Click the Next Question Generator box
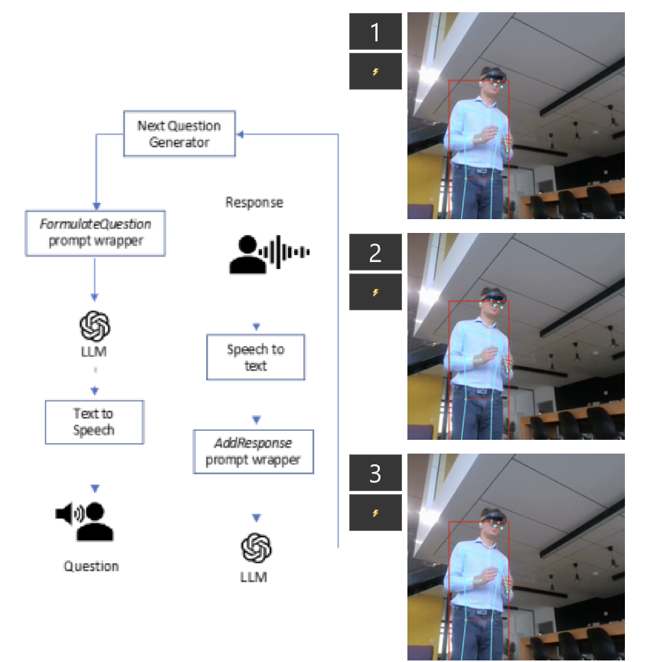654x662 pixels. (x=179, y=134)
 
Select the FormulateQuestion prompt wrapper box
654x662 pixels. (x=95, y=233)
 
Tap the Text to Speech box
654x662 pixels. (x=94, y=421)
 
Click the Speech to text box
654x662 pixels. (x=255, y=357)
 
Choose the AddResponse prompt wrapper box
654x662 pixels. (x=253, y=451)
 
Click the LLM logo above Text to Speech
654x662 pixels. (x=95, y=326)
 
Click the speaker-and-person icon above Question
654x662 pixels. (x=86, y=522)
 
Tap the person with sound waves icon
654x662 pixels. (x=269, y=253)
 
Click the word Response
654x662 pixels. (x=254, y=203)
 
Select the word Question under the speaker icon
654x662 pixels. (x=91, y=566)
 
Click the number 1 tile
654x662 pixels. (x=375, y=32)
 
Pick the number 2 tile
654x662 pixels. (x=375, y=253)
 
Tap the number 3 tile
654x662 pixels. (x=375, y=474)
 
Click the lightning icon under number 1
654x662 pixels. (x=375, y=72)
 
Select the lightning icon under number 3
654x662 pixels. (x=375, y=513)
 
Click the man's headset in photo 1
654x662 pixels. (x=494, y=76)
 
